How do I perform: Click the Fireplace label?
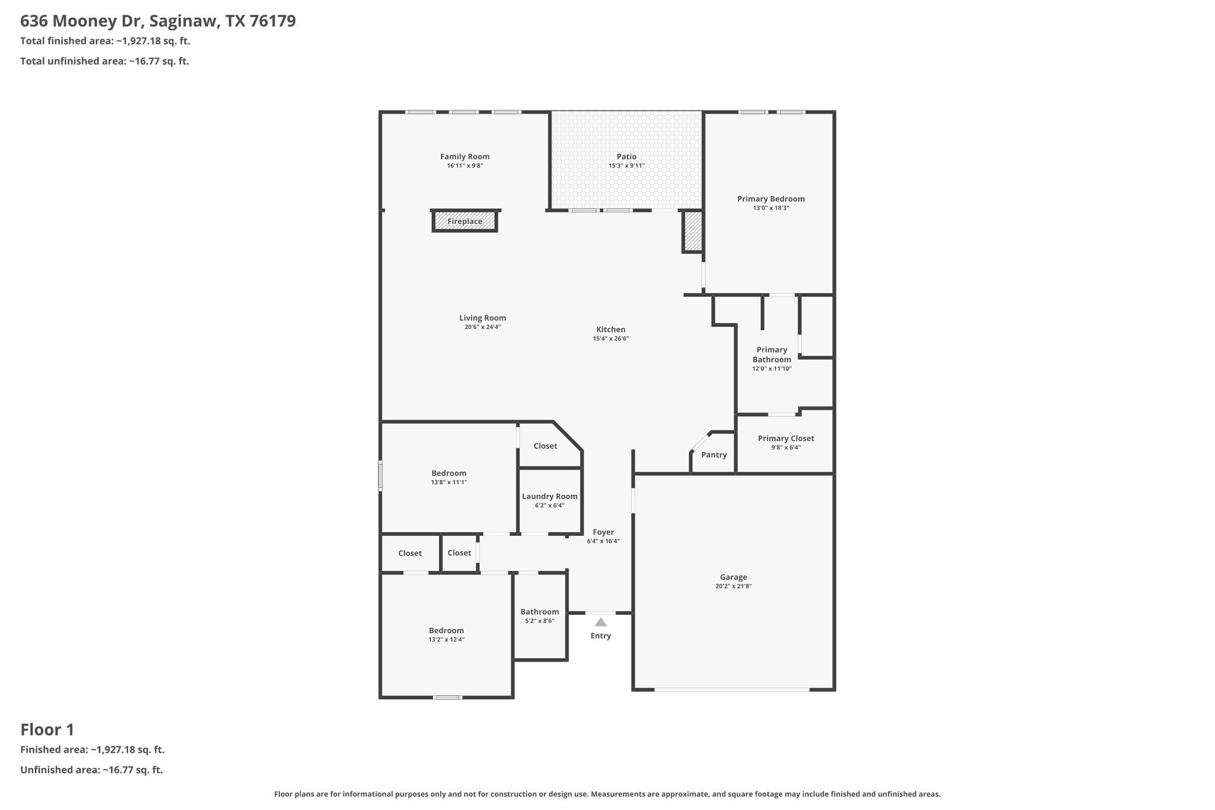(465, 221)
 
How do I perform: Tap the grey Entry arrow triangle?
(601, 622)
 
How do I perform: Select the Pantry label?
(714, 455)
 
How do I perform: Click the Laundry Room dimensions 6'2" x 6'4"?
(550, 506)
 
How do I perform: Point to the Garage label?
(733, 577)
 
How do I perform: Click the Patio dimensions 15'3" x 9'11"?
(626, 166)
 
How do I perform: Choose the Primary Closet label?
(786, 439)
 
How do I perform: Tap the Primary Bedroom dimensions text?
(771, 208)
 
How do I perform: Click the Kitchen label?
(610, 329)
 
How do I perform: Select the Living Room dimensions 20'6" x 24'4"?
(483, 327)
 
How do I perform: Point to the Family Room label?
(465, 157)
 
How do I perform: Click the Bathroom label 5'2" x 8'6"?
(540, 612)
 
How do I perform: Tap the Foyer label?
(603, 532)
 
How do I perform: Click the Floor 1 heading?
(47, 729)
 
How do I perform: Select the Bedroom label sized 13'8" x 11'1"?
(449, 473)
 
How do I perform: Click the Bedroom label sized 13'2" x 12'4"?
(447, 630)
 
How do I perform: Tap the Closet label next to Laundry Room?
(545, 446)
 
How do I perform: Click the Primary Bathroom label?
(772, 354)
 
